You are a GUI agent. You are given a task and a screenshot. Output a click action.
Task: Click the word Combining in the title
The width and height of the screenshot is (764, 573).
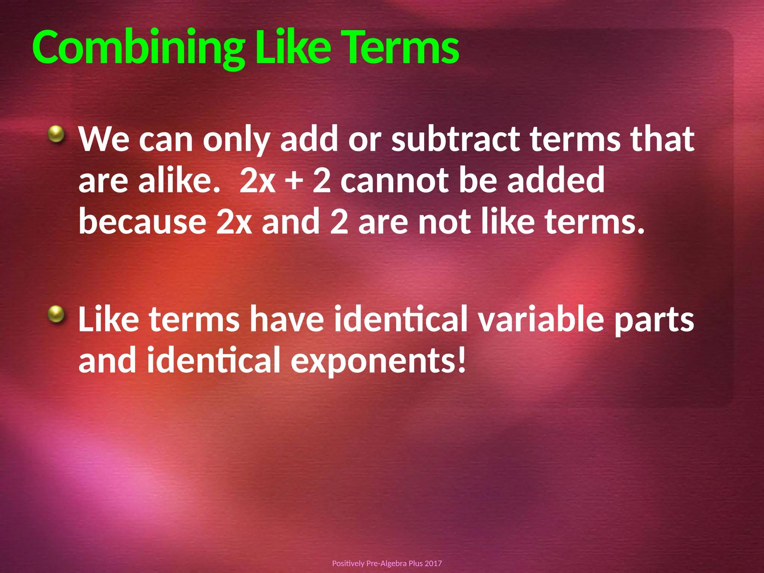tap(138, 48)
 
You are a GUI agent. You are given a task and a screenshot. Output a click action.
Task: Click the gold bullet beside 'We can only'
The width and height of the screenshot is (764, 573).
tap(57, 134)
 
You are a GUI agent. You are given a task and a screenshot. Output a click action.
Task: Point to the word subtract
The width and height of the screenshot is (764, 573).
tap(455, 139)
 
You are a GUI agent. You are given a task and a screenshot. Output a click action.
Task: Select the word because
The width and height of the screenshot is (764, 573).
tap(143, 222)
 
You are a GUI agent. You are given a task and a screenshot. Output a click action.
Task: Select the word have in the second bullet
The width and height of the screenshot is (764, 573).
tap(286, 319)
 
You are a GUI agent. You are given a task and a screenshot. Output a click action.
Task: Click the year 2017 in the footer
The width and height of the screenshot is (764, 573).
tap(433, 563)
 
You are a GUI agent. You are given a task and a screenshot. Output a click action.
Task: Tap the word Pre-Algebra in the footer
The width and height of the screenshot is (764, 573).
tap(386, 563)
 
